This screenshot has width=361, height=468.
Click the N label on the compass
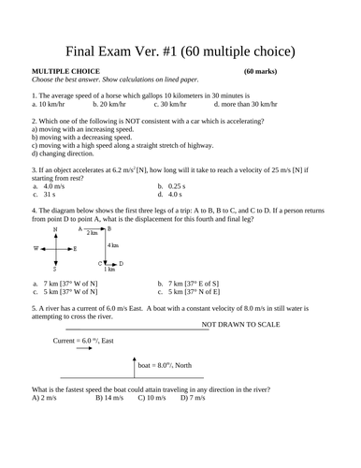click(55, 229)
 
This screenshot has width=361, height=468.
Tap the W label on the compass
click(36, 249)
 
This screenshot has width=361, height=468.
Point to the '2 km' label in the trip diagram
click(92, 233)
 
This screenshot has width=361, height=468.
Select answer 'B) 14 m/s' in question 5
click(109, 399)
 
